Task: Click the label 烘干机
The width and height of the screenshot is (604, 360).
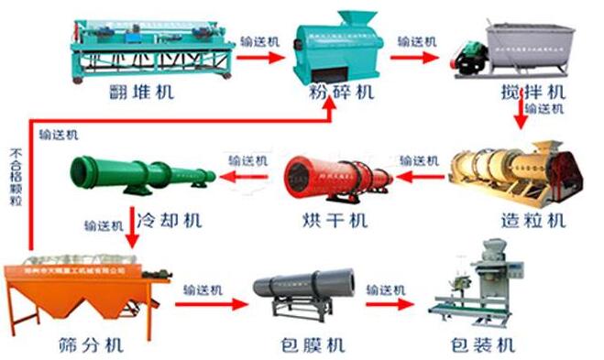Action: (x=334, y=221)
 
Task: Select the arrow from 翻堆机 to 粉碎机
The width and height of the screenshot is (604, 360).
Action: (x=260, y=57)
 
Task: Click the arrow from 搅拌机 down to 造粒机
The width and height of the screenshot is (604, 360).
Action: (x=521, y=115)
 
